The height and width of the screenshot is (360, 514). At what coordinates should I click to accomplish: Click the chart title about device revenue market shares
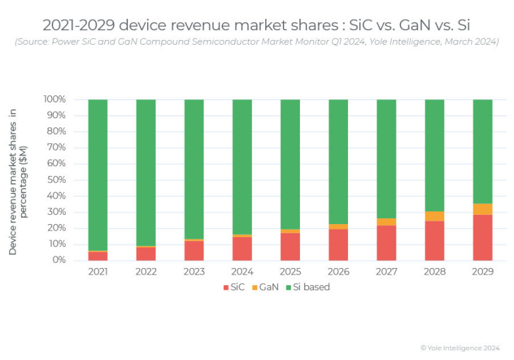[257, 25]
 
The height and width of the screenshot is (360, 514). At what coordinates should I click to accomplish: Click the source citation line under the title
[257, 42]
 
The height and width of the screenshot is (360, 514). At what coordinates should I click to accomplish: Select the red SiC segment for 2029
[482, 237]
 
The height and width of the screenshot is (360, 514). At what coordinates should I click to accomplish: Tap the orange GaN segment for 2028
[435, 216]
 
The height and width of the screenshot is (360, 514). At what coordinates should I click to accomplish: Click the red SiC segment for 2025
[290, 246]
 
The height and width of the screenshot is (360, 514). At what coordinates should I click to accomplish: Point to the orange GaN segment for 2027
[386, 222]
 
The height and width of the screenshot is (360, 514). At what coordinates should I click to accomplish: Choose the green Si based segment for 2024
[242, 167]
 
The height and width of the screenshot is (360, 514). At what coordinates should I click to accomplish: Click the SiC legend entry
[236, 287]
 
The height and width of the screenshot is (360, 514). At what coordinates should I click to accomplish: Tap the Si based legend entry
[307, 287]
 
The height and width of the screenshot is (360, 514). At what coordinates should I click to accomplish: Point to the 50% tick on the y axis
[55, 180]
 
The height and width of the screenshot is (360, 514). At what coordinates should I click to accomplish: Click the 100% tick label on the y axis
[54, 100]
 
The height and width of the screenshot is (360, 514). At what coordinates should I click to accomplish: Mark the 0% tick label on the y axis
[58, 260]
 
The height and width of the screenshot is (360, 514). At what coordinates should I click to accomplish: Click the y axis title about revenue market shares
[18, 181]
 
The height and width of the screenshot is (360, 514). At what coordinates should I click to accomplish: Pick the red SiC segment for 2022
[146, 254]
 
